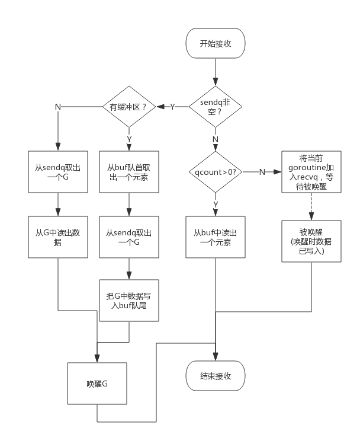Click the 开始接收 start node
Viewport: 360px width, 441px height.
click(215, 43)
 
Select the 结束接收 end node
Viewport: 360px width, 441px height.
click(215, 376)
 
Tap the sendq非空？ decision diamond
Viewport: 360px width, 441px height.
click(215, 107)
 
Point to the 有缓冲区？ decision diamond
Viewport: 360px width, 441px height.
click(129, 107)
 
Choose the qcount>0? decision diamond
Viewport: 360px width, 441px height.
click(215, 172)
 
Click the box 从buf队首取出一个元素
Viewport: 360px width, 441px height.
click(129, 172)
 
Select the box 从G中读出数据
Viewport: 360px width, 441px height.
click(58, 237)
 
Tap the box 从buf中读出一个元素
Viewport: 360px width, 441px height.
click(215, 237)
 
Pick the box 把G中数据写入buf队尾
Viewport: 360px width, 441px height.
click(129, 301)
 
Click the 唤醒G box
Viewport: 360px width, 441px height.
click(97, 384)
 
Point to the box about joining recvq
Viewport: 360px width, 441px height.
click(311, 172)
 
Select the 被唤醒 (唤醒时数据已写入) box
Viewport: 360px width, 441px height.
click(311, 241)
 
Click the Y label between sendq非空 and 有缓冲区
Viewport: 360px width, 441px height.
click(172, 107)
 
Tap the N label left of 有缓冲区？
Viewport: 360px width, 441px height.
click(57, 107)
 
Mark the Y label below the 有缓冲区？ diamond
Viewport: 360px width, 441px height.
click(129, 139)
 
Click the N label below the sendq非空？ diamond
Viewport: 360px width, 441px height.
click(215, 139)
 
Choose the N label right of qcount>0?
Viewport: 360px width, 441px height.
click(262, 172)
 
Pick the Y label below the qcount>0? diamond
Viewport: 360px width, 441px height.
click(215, 204)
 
